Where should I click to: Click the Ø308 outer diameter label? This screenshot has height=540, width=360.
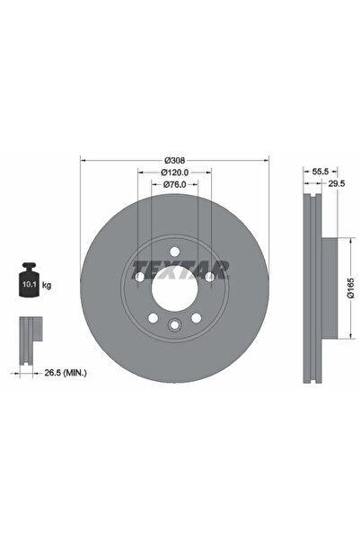174,155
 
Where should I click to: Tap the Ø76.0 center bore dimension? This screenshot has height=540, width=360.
174,184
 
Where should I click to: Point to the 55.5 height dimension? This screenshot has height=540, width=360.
306,168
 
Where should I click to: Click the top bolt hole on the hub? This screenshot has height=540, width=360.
174,251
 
